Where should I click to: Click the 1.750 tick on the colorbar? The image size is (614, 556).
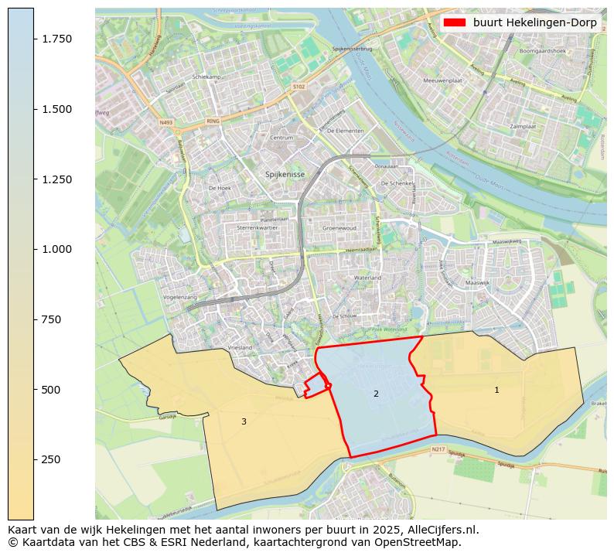34,39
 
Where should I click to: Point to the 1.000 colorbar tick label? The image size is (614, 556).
57,249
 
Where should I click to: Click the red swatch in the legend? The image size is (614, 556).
455,22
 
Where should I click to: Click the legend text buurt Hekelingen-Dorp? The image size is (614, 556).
534,22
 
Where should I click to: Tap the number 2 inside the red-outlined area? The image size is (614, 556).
376,394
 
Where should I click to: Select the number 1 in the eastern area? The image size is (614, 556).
496,390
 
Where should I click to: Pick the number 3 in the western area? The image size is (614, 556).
244,421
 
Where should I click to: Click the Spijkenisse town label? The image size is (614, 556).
285,175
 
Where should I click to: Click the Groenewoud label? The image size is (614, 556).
339,229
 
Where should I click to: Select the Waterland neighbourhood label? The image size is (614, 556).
367,277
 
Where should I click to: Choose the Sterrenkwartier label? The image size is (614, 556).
256,229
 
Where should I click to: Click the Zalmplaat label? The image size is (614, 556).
523,126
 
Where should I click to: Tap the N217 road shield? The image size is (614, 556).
438,449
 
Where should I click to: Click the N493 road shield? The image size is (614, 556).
166,122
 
